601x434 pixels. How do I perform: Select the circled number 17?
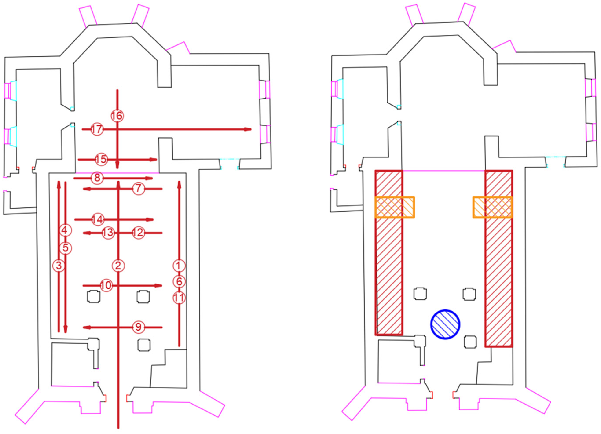pyautogui.click(x=97, y=129)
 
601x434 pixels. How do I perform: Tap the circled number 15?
pyautogui.click(x=101, y=159)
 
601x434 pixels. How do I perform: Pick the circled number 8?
pyautogui.click(x=97, y=178)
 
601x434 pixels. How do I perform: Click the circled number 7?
pyautogui.click(x=138, y=189)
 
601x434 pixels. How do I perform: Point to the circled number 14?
pyautogui.click(x=97, y=219)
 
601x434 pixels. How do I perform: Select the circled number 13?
pyautogui.click(x=108, y=233)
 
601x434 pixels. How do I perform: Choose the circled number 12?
pyautogui.click(x=138, y=233)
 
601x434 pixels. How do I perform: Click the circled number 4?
pyautogui.click(x=65, y=230)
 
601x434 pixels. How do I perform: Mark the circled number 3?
pyautogui.click(x=59, y=266)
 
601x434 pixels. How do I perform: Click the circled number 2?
pyautogui.click(x=118, y=266)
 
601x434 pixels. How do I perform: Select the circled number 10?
pyautogui.click(x=106, y=285)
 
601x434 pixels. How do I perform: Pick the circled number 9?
pyautogui.click(x=138, y=327)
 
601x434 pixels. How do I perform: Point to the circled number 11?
pyautogui.click(x=179, y=298)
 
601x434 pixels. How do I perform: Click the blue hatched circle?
pyautogui.click(x=445, y=324)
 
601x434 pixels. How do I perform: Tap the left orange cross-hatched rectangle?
pyautogui.click(x=395, y=207)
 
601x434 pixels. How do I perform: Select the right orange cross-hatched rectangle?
pyautogui.click(x=493, y=207)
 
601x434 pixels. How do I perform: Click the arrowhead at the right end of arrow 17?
pyautogui.click(x=248, y=129)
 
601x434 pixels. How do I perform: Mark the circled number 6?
pyautogui.click(x=179, y=281)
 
